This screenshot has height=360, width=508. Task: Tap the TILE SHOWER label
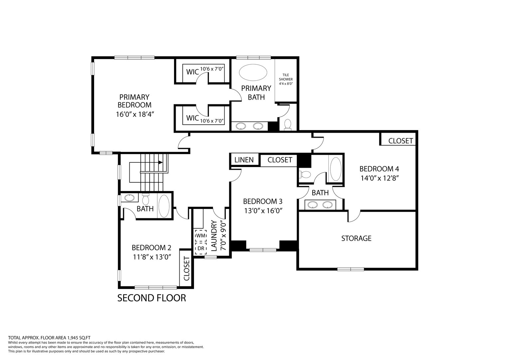click(x=286, y=79)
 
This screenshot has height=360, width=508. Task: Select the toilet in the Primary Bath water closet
click(x=287, y=125)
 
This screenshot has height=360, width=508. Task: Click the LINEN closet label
click(x=244, y=160)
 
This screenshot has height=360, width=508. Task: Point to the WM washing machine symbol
click(x=201, y=236)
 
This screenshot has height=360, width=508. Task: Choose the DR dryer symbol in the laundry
click(x=201, y=248)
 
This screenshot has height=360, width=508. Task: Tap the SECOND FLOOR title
click(x=151, y=298)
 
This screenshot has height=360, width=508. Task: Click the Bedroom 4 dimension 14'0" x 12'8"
click(x=380, y=178)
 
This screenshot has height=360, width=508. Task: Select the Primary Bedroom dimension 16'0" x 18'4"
click(x=135, y=114)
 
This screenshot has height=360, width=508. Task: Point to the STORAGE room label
click(x=356, y=238)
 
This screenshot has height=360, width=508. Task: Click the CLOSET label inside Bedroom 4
click(x=401, y=141)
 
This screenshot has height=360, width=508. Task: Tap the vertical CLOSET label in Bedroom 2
click(x=186, y=268)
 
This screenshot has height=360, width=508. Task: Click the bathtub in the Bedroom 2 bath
click(x=164, y=206)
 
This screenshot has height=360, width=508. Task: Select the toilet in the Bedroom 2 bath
click(x=145, y=199)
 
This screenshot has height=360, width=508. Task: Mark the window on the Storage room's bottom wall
click(x=351, y=269)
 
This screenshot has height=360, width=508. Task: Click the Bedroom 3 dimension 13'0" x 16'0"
click(x=263, y=211)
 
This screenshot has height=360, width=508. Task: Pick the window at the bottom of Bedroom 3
click(x=263, y=250)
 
